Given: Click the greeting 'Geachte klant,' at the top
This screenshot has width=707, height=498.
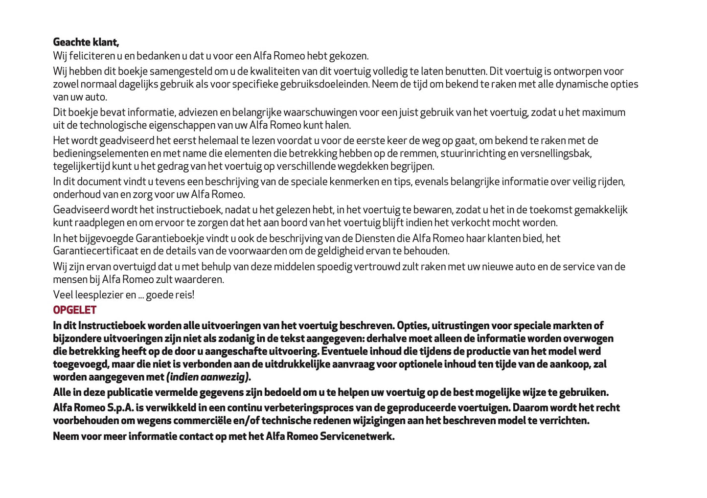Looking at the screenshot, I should [x=86, y=42].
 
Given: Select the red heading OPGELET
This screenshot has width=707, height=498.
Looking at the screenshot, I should [x=74, y=310].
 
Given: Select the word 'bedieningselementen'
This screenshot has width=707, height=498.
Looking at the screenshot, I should [x=100, y=154].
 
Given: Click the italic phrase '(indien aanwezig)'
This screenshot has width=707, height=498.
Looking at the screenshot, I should [x=208, y=377].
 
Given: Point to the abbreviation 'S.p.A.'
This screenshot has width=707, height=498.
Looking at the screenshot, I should [x=121, y=408].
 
